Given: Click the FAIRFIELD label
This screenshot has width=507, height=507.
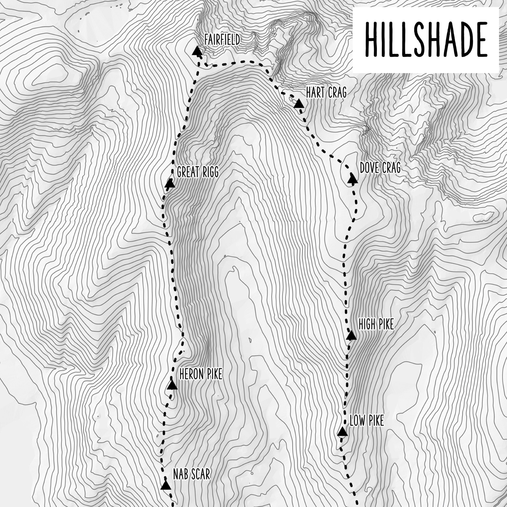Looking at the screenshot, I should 222,40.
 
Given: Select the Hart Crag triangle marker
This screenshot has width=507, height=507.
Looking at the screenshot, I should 299,104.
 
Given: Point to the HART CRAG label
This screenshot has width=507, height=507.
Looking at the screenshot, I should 326,93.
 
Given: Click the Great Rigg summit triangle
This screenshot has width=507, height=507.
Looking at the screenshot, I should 170,184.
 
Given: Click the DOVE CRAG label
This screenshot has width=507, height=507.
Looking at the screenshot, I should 380,168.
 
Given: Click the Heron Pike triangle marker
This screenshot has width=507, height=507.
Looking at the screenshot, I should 172,385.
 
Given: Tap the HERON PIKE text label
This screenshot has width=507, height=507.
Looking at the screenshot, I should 201,374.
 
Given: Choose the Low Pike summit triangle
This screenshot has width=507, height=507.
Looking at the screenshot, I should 342,432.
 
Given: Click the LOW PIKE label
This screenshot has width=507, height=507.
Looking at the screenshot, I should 367,421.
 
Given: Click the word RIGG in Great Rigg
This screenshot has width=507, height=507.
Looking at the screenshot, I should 209,172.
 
